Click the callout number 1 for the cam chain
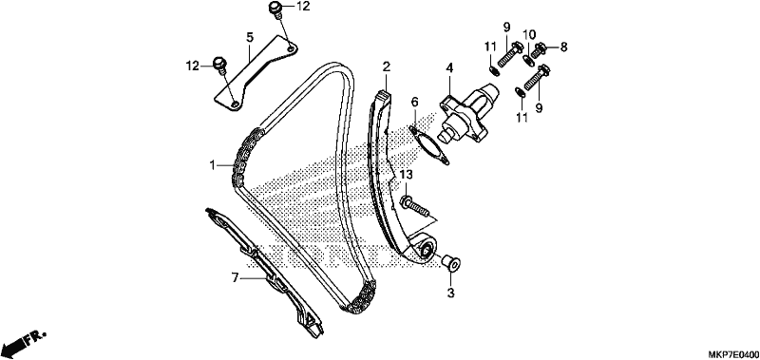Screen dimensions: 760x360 click(x=212, y=165)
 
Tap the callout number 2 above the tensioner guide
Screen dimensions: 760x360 click(x=386, y=66)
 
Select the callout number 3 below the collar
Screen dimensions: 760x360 click(x=450, y=293)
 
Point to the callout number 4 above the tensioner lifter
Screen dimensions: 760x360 click(x=449, y=68)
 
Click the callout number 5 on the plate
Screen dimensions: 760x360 click(x=250, y=37)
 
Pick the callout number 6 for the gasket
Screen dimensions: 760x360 click(x=415, y=102)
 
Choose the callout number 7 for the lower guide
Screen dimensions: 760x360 click(x=235, y=277)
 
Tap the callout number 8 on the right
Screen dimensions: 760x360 click(x=563, y=47)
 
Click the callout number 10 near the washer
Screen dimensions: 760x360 click(x=529, y=34)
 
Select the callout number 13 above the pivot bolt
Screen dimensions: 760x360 click(x=407, y=175)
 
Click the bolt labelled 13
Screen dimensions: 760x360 click(x=414, y=205)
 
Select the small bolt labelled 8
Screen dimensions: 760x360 click(x=541, y=48)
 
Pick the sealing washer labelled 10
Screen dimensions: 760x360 click(x=528, y=61)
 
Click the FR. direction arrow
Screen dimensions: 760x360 click(x=23, y=341)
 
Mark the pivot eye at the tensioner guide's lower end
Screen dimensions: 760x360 click(x=425, y=250)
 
